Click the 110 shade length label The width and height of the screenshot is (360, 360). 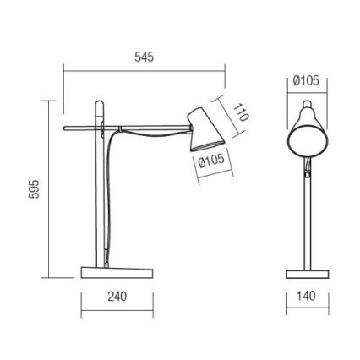(x=242, y=112)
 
